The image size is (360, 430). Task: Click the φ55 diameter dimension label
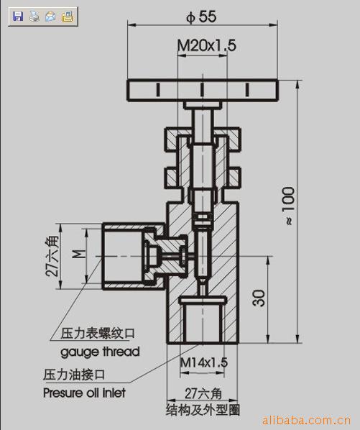coord(201,17)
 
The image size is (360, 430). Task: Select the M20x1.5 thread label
coord(206,45)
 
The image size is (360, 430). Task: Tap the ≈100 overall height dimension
coord(289,206)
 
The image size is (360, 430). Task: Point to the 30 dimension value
coord(259,298)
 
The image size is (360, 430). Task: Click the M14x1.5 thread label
coord(204,362)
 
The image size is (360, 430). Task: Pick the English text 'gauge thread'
coord(100,352)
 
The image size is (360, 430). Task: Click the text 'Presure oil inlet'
coord(84,393)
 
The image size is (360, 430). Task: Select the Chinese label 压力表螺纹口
coord(98,334)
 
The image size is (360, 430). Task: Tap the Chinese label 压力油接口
coord(74,375)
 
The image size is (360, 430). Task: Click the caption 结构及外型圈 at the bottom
coord(203,410)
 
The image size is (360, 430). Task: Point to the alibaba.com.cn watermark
coord(306,420)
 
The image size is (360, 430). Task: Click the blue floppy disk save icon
coord(18,17)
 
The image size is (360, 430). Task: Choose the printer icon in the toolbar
coord(34,17)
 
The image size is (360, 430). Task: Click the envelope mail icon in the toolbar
coord(51,17)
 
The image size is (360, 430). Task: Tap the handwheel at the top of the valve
coord(203,90)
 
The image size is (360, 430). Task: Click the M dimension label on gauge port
coord(79,254)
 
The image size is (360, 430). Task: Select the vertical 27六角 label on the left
coord(52,255)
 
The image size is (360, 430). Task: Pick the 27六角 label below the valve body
coord(203,394)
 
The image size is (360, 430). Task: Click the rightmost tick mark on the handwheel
coord(247,90)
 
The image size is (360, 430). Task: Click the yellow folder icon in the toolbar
coord(67,17)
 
